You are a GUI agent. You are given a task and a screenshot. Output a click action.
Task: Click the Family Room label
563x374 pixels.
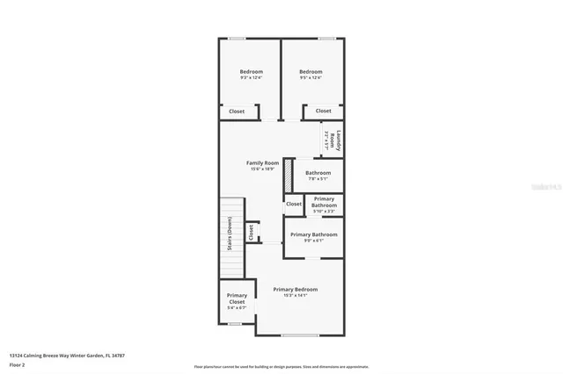pyautogui.click(x=262, y=162)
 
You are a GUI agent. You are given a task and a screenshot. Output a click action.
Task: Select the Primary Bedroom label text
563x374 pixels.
pyautogui.click(x=295, y=289)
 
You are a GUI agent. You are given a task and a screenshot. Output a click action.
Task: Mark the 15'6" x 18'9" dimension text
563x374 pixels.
pyautogui.click(x=262, y=169)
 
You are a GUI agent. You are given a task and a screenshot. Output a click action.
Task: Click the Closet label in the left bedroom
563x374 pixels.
pyautogui.click(x=237, y=111)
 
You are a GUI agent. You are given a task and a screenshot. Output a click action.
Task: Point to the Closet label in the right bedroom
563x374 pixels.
pyautogui.click(x=324, y=111)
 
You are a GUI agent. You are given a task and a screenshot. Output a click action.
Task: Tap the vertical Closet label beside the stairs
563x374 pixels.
pyautogui.click(x=251, y=232)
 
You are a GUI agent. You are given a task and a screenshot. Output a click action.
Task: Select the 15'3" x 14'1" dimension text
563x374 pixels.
pyautogui.click(x=295, y=296)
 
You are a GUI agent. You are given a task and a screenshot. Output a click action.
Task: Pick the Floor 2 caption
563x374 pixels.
pyautogui.click(x=18, y=363)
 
